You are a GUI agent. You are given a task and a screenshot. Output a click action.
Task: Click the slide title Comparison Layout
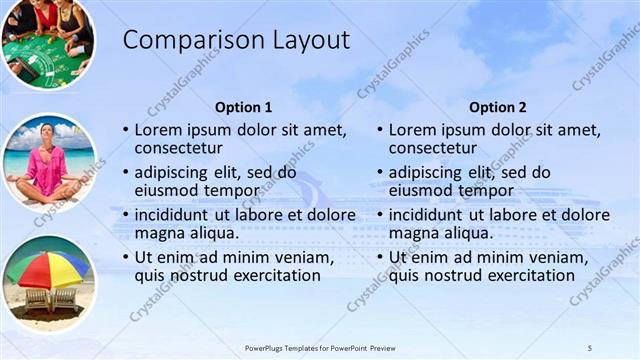[236, 40]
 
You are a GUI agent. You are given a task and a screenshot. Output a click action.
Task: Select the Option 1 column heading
[243, 107]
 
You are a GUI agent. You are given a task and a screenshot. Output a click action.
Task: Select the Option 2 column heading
[497, 107]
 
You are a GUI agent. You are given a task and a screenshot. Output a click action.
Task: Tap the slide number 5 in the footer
[590, 347]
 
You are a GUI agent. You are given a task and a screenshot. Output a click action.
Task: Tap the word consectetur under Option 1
[181, 148]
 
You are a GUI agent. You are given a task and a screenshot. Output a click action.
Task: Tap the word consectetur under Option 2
[435, 148]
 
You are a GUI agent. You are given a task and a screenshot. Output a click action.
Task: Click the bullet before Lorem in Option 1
[125, 130]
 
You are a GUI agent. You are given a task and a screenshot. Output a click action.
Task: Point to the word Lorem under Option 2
[411, 130]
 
